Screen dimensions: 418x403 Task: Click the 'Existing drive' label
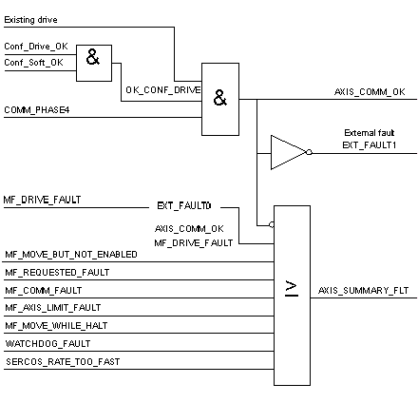click(x=30, y=20)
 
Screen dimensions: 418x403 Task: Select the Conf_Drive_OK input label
click(x=36, y=47)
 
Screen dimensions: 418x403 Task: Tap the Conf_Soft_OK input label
click(x=33, y=63)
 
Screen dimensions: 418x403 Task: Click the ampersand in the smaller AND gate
click(x=93, y=57)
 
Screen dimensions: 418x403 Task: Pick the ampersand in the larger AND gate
click(x=220, y=98)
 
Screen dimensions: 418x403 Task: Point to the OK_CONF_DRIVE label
click(x=163, y=90)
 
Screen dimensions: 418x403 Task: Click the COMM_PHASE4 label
click(x=37, y=110)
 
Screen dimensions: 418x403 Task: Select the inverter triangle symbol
click(x=289, y=152)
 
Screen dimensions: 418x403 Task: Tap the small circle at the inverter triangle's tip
click(x=309, y=152)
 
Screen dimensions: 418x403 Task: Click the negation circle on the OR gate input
click(x=272, y=225)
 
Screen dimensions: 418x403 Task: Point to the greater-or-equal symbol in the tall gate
click(x=292, y=289)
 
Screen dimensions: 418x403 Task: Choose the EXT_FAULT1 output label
click(x=370, y=145)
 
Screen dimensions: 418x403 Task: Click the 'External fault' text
click(x=369, y=133)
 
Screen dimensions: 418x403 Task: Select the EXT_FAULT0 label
click(x=184, y=206)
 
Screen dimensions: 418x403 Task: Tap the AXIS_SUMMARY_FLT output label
click(x=363, y=291)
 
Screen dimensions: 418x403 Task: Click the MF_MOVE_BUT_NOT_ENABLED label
click(x=71, y=255)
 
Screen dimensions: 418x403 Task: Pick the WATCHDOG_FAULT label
click(x=47, y=344)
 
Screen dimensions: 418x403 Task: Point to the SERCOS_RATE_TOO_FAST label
click(x=63, y=362)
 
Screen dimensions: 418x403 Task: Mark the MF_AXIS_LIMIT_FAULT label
click(x=53, y=308)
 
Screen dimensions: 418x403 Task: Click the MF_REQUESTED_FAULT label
click(x=57, y=273)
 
